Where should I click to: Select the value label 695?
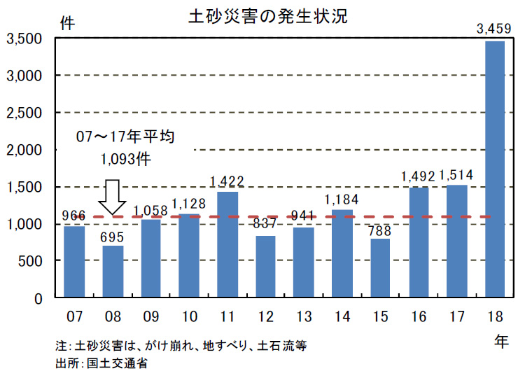coord(112,236)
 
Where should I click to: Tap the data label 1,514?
coord(457,175)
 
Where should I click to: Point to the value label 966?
coord(74,216)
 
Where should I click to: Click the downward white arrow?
coord(111,197)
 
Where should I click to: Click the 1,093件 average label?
coord(126,160)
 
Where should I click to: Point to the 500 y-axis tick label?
coord(31,261)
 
